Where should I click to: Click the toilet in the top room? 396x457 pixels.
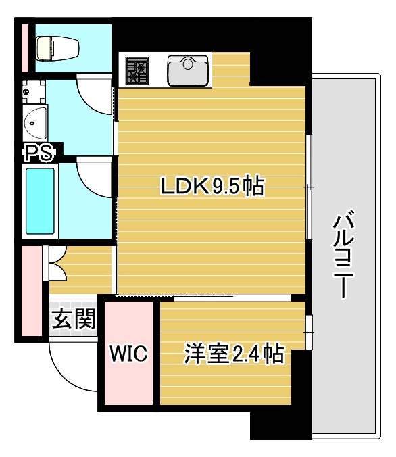click(57, 47)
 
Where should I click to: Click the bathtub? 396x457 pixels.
click(40, 200)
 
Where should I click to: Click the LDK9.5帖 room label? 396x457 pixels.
click(212, 186)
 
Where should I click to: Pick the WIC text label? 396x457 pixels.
click(128, 354)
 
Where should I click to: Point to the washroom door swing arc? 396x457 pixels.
click(95, 95)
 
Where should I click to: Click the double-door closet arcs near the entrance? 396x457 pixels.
click(56, 264)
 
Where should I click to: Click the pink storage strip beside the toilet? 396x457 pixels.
click(24, 47)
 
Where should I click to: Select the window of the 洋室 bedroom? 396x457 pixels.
click(308, 332)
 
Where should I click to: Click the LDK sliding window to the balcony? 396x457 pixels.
click(308, 187)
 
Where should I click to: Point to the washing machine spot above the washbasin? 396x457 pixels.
click(34, 91)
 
